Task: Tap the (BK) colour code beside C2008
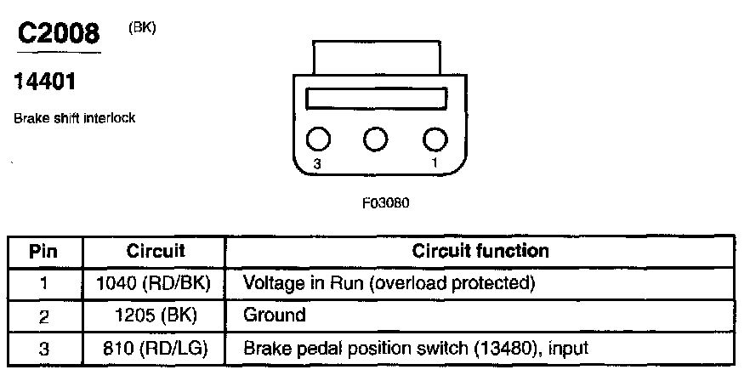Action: (142, 28)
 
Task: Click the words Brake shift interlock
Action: (74, 118)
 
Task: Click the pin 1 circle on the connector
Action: (435, 139)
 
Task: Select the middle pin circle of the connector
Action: (376, 139)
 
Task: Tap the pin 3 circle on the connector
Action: (318, 139)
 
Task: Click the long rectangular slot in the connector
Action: (376, 99)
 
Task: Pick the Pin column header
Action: (43, 252)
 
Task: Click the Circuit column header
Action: (156, 252)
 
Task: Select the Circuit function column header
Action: (480, 252)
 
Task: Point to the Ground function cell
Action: (274, 315)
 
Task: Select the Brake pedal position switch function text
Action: (416, 348)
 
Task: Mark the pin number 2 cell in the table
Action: (43, 316)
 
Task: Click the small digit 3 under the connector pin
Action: (316, 165)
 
